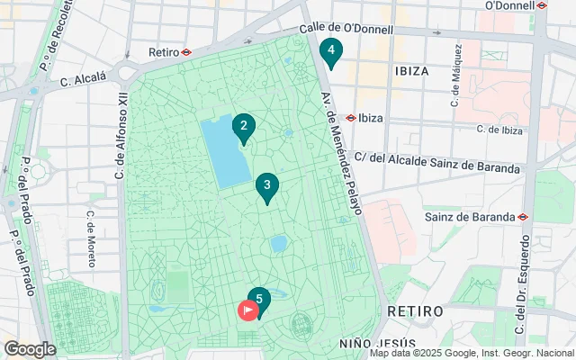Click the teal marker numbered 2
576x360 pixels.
pyautogui.click(x=243, y=128)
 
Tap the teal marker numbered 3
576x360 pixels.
pyautogui.click(x=266, y=187)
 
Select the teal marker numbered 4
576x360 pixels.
pyautogui.click(x=331, y=52)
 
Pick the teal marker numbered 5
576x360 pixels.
pyautogui.click(x=259, y=301)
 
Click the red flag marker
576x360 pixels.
pyautogui.click(x=247, y=310)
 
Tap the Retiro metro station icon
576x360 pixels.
pyautogui.click(x=185, y=52)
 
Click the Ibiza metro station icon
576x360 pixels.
pyautogui.click(x=350, y=118)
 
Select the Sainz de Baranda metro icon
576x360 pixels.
pyautogui.click(x=523, y=216)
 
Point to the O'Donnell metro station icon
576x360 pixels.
pyautogui.click(x=542, y=5)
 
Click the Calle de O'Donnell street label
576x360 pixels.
pyautogui.click(x=346, y=29)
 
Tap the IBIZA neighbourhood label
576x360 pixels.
pyautogui.click(x=411, y=69)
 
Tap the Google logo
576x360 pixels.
pyautogui.click(x=30, y=349)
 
